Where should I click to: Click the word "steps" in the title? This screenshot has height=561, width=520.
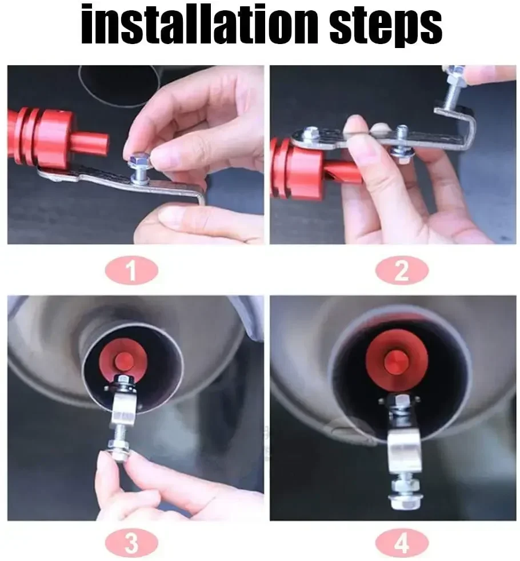pyautogui.click(x=386, y=26)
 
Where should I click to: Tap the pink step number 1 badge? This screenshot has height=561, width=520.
pyautogui.click(x=131, y=271)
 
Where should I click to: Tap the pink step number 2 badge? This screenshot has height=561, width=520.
pyautogui.click(x=402, y=271)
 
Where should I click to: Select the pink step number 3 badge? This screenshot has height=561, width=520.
pyautogui.click(x=131, y=542)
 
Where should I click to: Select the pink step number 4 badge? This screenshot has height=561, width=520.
pyautogui.click(x=402, y=542)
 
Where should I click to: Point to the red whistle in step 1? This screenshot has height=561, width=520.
pyautogui.click(x=57, y=137)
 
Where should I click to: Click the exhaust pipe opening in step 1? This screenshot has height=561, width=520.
pyautogui.click(x=119, y=86)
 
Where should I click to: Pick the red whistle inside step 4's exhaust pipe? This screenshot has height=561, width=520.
pyautogui.click(x=397, y=360)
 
